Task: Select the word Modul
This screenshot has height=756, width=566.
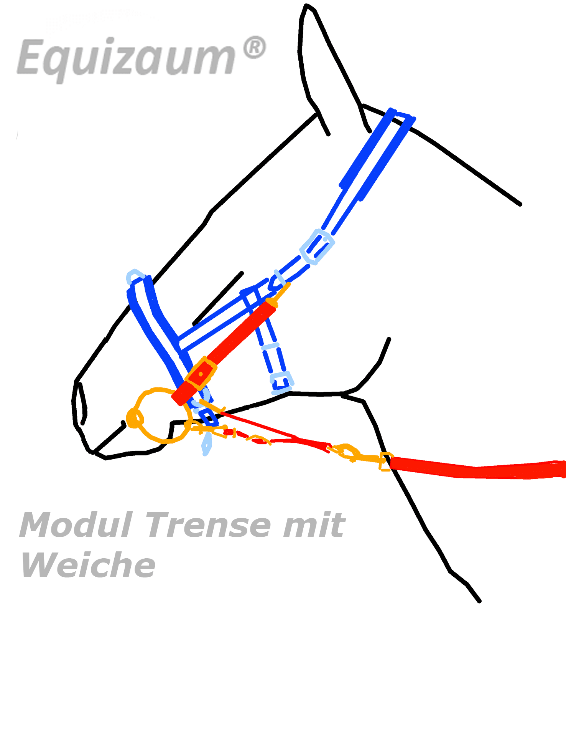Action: click(76, 525)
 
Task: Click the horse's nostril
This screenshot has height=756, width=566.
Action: click(82, 403)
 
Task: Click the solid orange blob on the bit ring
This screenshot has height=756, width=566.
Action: click(134, 418)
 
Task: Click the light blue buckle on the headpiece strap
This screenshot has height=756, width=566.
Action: click(317, 246)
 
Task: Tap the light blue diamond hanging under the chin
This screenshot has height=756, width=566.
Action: click(207, 444)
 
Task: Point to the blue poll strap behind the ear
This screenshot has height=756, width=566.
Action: click(378, 154)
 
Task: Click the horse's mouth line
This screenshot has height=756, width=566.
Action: click(109, 438)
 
